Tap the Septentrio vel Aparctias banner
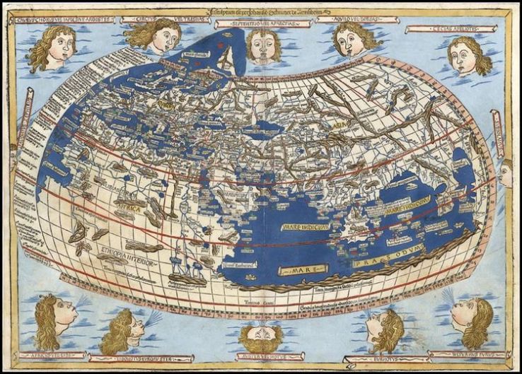(x=263, y=23)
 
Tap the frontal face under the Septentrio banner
(x=263, y=45)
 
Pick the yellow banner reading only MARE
(x=302, y=270)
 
